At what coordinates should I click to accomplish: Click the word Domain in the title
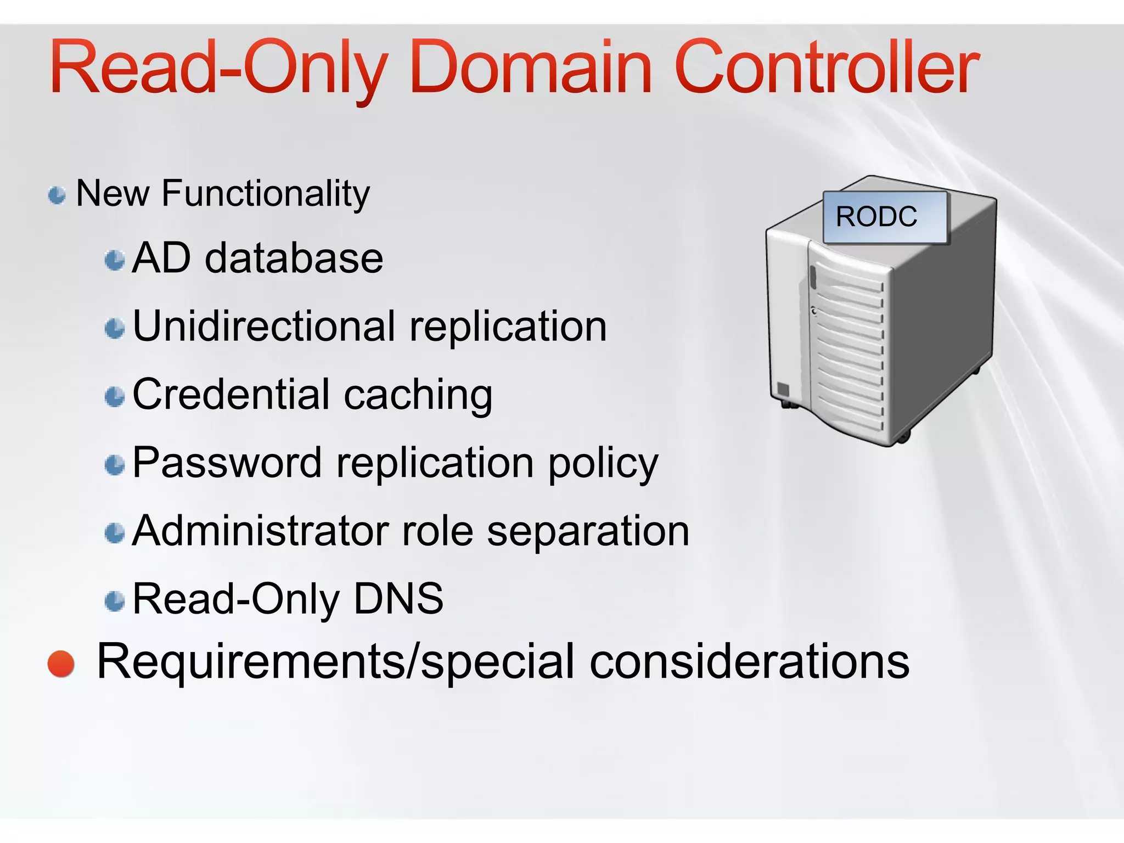(531, 69)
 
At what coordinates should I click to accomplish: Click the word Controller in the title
(826, 69)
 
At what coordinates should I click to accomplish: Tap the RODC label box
(885, 217)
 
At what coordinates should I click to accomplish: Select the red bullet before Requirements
(61, 664)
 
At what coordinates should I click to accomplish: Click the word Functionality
(266, 194)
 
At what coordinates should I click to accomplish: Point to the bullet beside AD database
(115, 260)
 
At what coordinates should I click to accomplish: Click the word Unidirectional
(263, 326)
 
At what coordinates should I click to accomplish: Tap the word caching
(418, 395)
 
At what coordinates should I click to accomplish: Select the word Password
(227, 463)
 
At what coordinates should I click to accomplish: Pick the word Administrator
(260, 531)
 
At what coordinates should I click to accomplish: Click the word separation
(588, 532)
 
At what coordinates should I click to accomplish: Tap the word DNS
(398, 599)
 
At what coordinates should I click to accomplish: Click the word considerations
(749, 661)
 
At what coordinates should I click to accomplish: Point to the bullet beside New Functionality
(57, 195)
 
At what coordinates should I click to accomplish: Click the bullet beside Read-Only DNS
(115, 601)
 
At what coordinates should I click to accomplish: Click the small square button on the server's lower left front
(783, 390)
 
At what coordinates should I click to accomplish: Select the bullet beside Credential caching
(115, 397)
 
